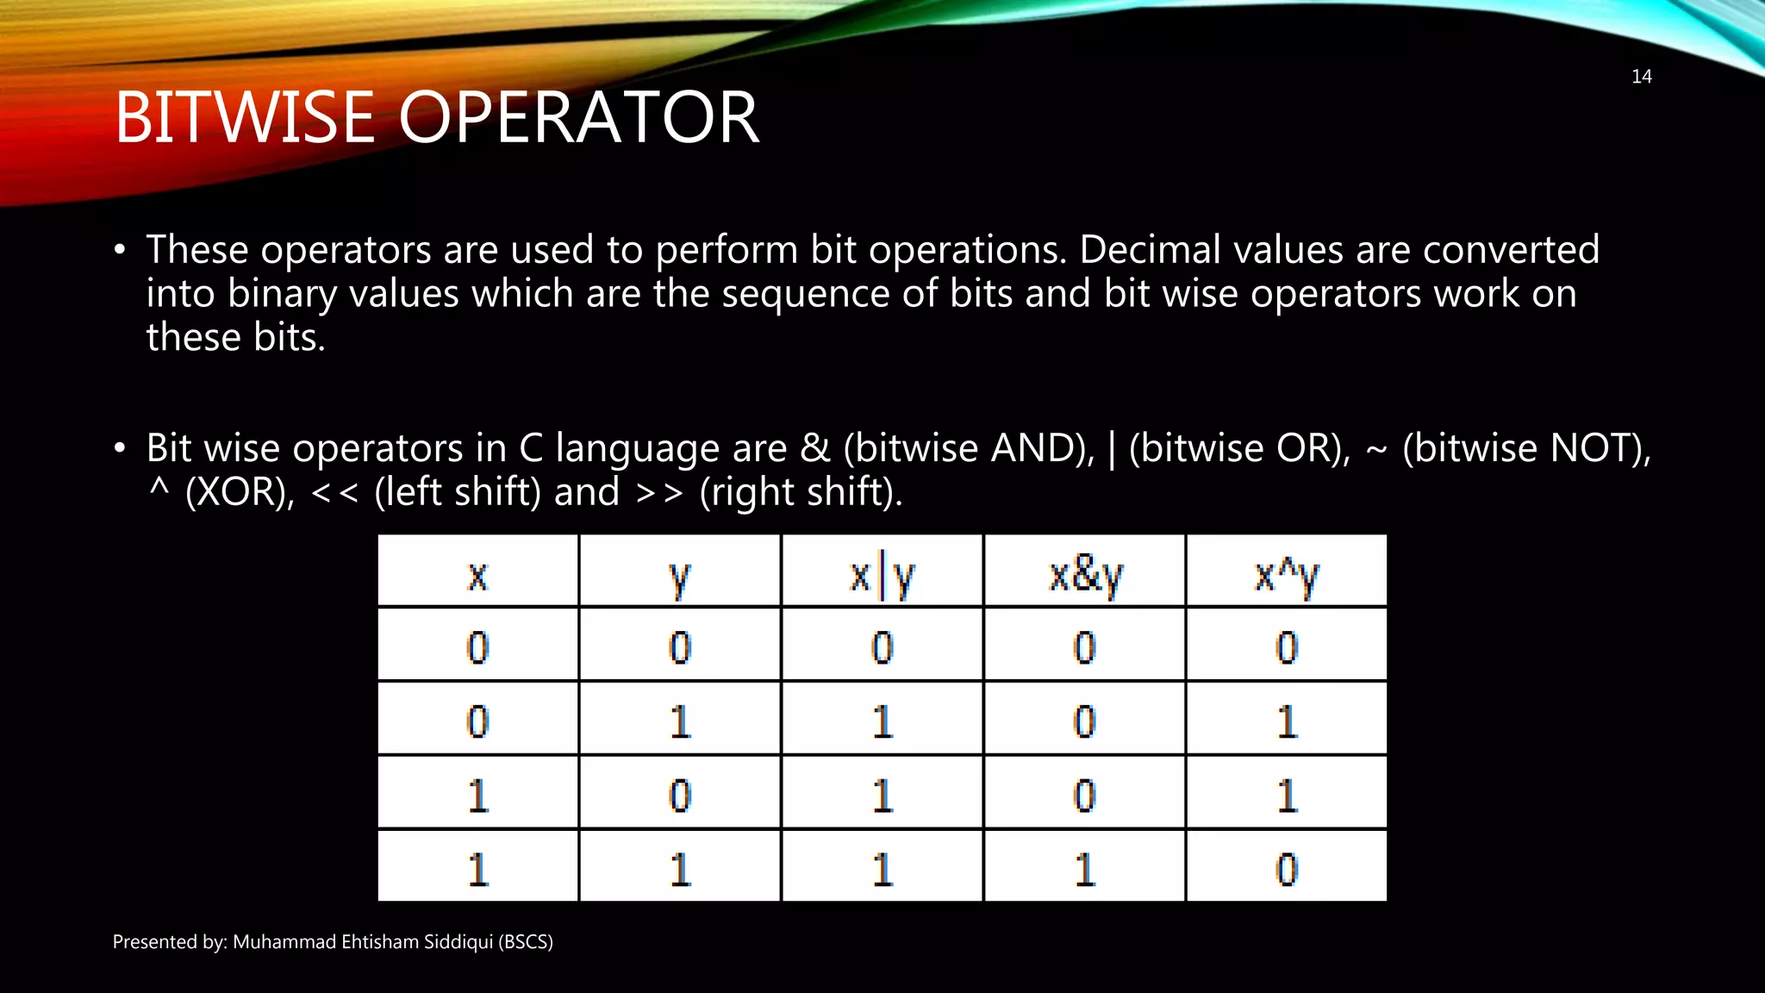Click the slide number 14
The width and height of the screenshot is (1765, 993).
(1641, 77)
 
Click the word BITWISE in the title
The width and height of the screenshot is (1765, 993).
(245, 118)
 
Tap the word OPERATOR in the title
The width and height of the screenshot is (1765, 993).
(578, 118)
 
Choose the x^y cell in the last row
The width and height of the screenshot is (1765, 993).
(1286, 868)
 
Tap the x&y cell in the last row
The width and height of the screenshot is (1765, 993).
(1084, 868)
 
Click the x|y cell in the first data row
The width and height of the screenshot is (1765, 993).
(882, 646)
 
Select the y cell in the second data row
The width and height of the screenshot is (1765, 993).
(680, 721)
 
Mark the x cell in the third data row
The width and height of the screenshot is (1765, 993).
(477, 795)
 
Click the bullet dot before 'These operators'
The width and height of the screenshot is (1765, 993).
(120, 251)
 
